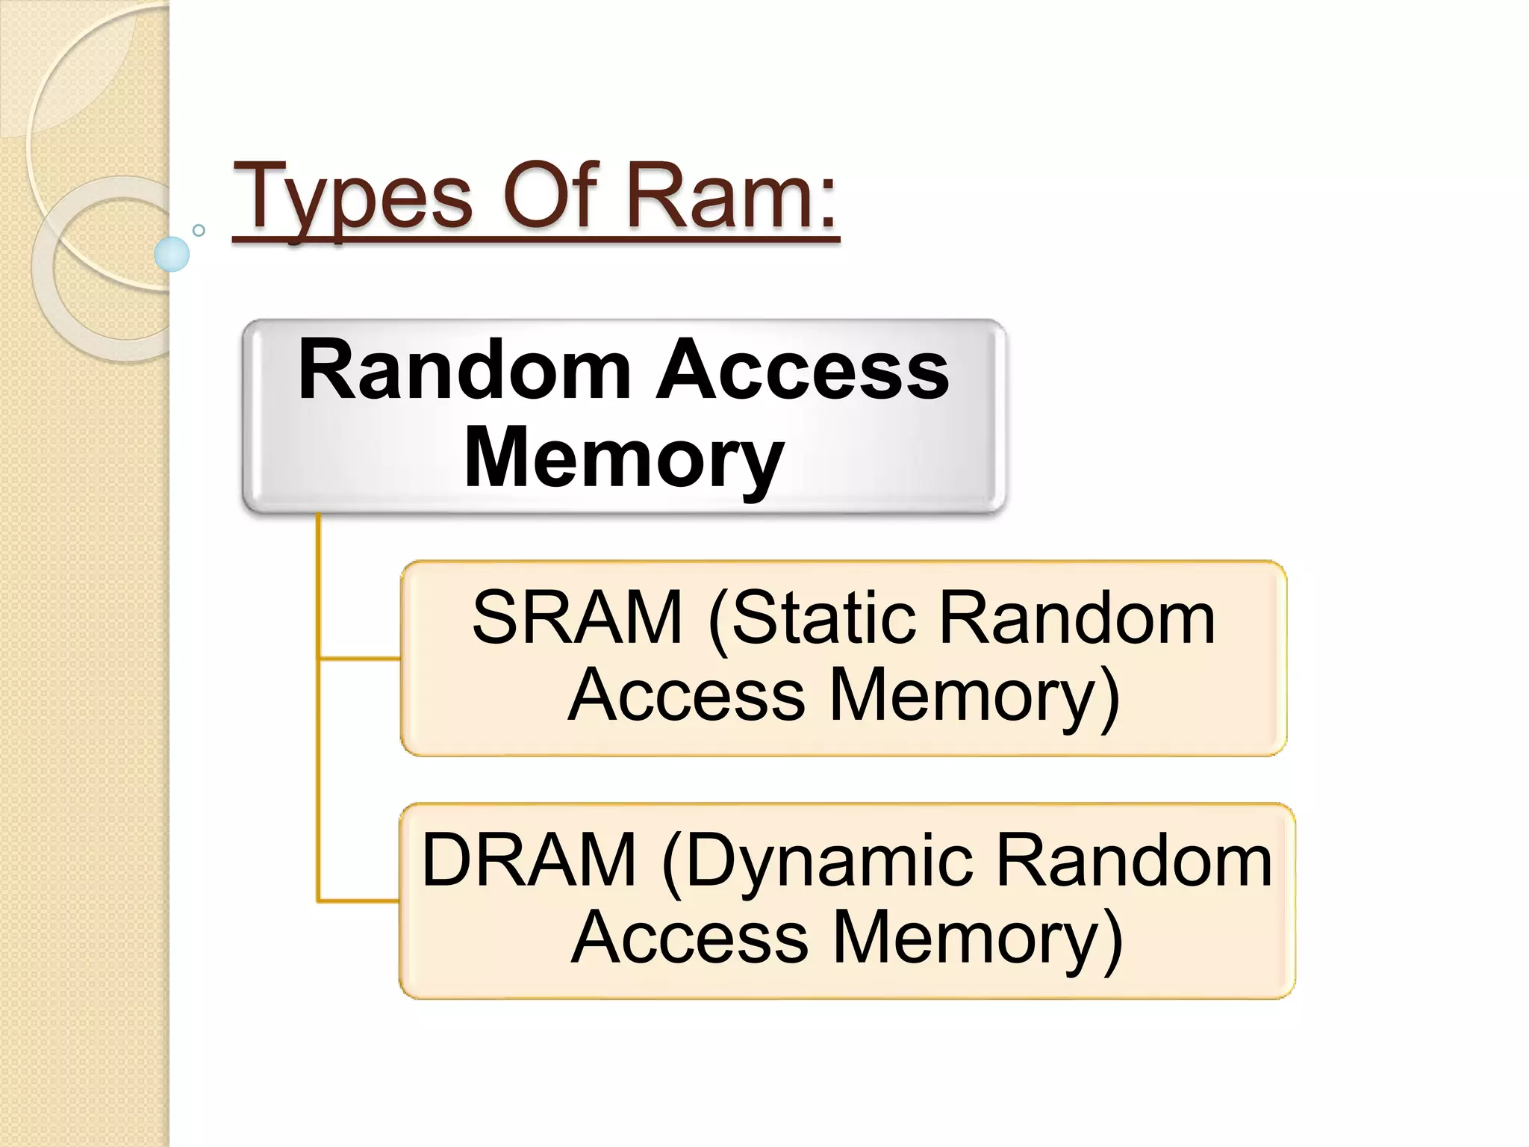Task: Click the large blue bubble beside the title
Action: coord(172,254)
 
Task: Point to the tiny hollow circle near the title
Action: coord(199,230)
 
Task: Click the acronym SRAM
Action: coord(577,618)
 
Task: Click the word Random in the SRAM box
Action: coord(1076,618)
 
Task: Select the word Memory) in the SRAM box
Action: coord(975,695)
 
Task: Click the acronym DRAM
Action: coord(529,860)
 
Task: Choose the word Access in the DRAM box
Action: coord(689,938)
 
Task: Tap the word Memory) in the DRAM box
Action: coord(978,938)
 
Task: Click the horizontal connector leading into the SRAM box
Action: coord(359,659)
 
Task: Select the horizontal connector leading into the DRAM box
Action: coord(358,901)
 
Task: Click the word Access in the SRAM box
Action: coord(686,695)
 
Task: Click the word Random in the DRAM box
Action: coord(1133,860)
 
